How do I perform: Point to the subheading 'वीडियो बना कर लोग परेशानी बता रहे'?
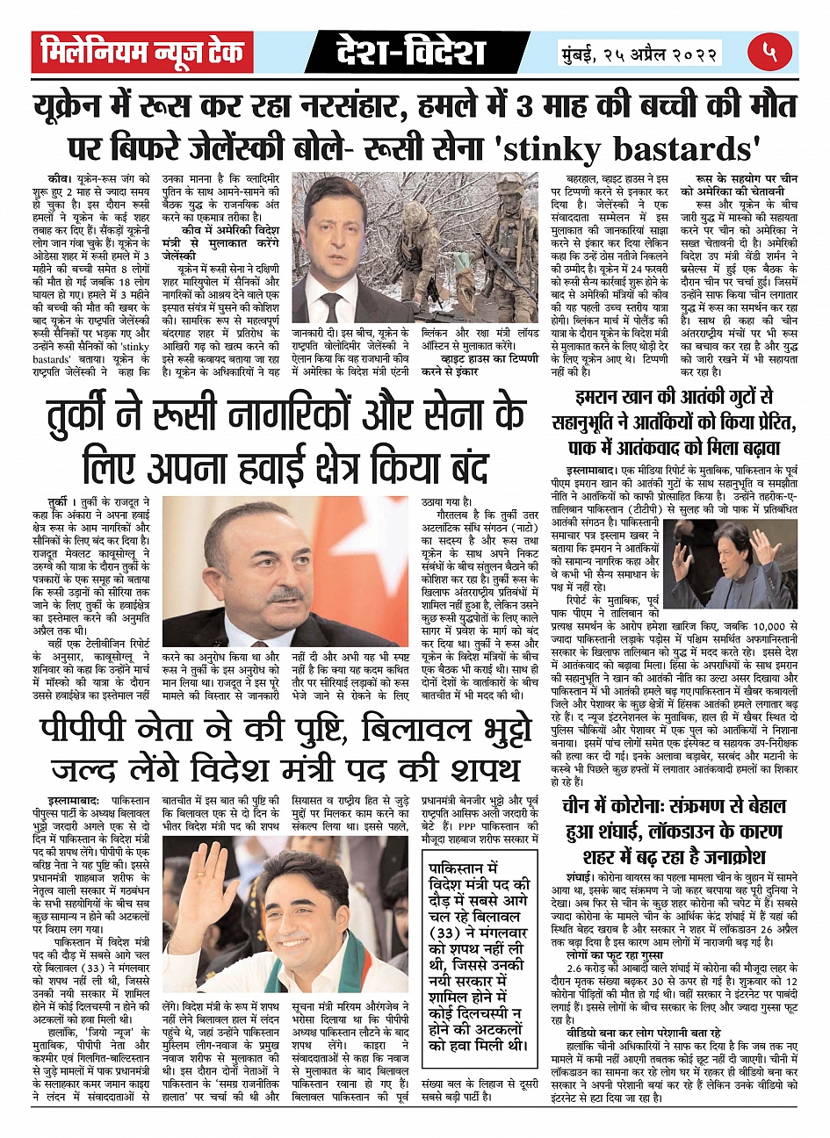[644, 1034]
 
